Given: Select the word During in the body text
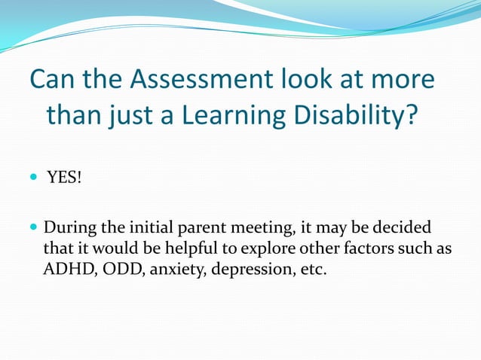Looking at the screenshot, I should [69, 227].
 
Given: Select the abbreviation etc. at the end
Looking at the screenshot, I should [312, 269].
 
